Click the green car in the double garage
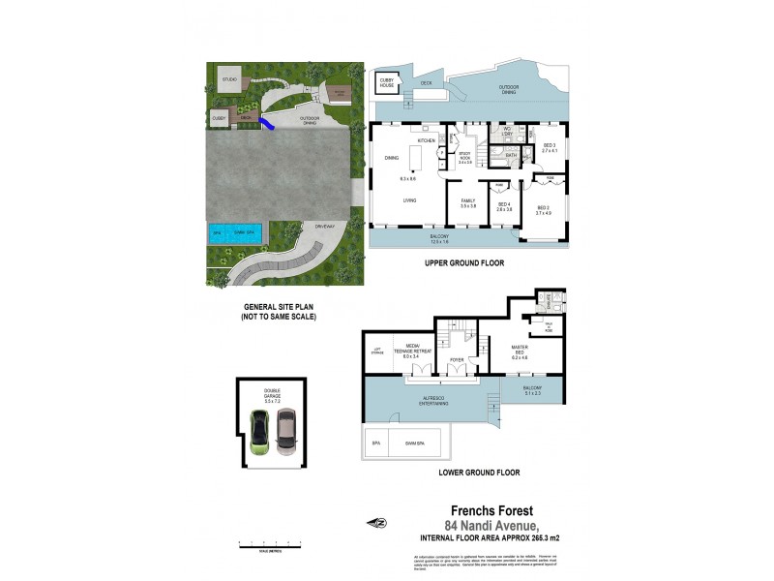point(260,431)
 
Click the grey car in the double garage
point(286,431)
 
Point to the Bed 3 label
point(550,144)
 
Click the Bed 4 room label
point(504,203)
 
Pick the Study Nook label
point(464,158)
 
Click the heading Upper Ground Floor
point(464,262)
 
